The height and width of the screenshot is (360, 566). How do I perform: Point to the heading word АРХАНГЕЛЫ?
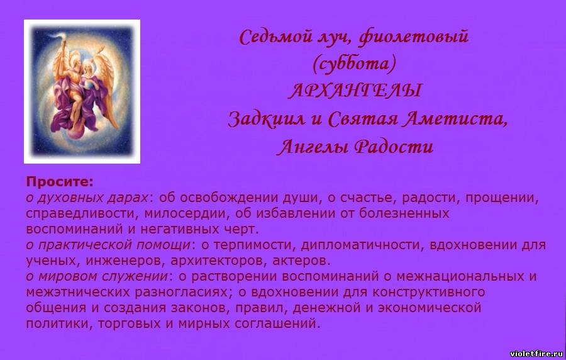click(x=355, y=90)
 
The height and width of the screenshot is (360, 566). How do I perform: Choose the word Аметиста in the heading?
click(x=455, y=119)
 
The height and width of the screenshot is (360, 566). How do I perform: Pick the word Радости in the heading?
click(x=394, y=147)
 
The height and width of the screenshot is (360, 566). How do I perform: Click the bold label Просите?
click(x=60, y=183)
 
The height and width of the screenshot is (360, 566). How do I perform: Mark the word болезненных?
click(x=404, y=213)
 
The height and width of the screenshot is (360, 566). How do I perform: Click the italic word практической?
click(x=86, y=245)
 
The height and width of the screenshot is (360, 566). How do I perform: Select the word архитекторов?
click(x=219, y=261)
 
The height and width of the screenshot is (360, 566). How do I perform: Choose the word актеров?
click(x=301, y=261)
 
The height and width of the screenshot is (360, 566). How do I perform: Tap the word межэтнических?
click(x=77, y=292)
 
